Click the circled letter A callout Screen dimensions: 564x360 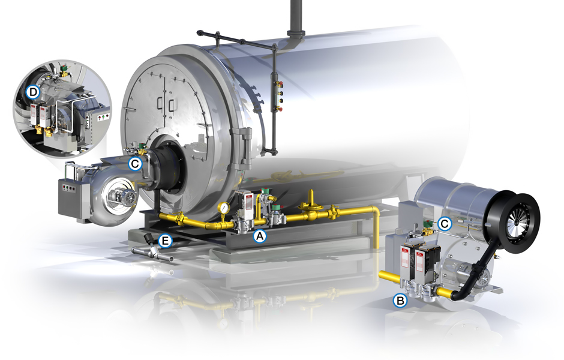[259, 236]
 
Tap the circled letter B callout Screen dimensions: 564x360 [400, 300]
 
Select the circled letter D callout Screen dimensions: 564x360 [33, 92]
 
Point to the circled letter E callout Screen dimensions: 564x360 [165, 241]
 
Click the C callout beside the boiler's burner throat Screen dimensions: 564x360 [135, 164]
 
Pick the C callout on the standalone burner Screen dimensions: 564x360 [445, 224]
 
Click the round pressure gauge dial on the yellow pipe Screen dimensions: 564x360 [224, 208]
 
